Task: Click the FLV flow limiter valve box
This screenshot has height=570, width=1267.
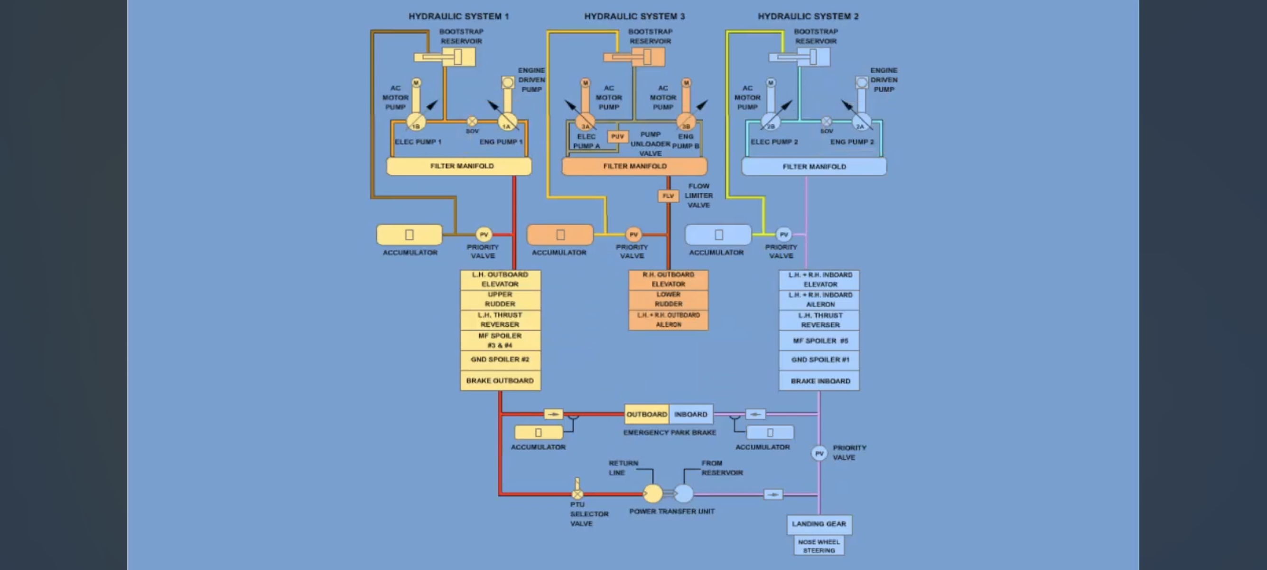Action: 668,196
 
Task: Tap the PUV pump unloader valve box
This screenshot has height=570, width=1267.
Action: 617,136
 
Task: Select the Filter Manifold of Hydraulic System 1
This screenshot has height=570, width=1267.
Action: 459,166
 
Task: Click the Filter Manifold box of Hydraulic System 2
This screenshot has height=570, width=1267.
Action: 814,167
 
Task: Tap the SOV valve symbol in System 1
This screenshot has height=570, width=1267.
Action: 472,121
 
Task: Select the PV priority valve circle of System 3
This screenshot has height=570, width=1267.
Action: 633,234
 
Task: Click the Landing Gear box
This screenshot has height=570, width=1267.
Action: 819,524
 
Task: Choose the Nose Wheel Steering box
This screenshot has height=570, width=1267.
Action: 819,546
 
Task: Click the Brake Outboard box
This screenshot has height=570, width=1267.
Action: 500,380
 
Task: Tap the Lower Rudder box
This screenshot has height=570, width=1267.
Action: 669,299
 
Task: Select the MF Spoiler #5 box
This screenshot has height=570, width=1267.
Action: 820,341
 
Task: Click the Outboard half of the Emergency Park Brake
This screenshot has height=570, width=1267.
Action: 646,415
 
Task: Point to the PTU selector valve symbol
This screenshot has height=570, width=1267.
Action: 578,493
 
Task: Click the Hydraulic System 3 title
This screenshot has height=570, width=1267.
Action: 634,16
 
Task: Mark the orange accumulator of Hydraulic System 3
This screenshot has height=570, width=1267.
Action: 560,235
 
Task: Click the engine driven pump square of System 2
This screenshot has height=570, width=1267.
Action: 862,82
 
